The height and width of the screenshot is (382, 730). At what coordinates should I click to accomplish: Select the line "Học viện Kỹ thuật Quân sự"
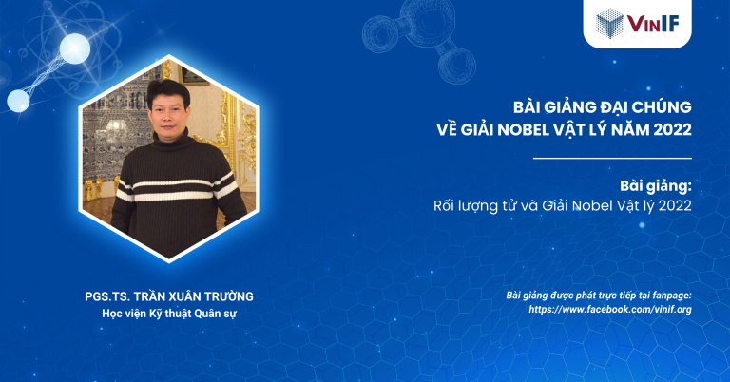pos(167,313)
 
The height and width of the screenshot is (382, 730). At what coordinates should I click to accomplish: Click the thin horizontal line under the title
pos(611,158)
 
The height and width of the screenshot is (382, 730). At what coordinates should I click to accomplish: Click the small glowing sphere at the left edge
pos(18,101)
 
